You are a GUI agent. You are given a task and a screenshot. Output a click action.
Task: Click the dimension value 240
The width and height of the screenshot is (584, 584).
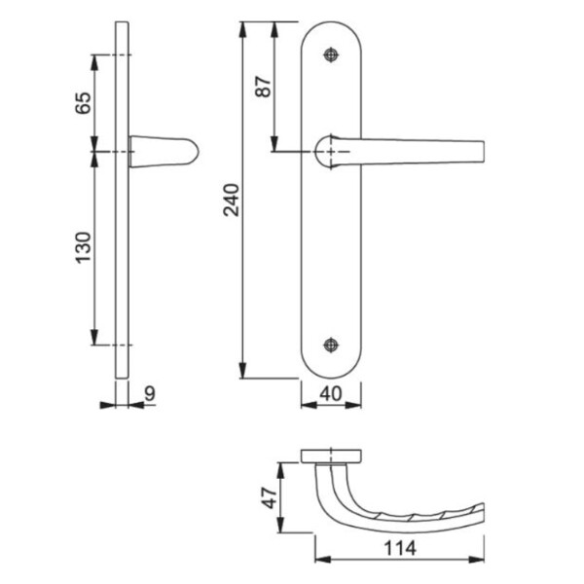pyautogui.click(x=231, y=200)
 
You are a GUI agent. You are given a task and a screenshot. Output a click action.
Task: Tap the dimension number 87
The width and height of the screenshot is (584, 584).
pyautogui.click(x=263, y=87)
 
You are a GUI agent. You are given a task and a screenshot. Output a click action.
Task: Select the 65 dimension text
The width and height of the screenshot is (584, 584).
pyautogui.click(x=83, y=103)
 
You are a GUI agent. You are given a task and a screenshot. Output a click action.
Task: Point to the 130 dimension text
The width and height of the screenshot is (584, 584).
pyautogui.click(x=83, y=247)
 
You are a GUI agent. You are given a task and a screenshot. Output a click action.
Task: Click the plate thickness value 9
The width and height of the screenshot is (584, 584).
pyautogui.click(x=149, y=393)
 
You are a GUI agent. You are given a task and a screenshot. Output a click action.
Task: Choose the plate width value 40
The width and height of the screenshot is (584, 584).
pyautogui.click(x=330, y=394)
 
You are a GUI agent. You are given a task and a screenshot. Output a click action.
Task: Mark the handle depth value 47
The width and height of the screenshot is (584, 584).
pyautogui.click(x=270, y=498)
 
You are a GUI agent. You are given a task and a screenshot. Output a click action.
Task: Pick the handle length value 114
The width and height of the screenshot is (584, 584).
pyautogui.click(x=400, y=548)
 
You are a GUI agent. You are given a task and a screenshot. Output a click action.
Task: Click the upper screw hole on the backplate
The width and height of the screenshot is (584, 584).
pyautogui.click(x=331, y=55)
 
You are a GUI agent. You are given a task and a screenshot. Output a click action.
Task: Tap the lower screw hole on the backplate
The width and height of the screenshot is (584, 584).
pyautogui.click(x=331, y=345)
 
